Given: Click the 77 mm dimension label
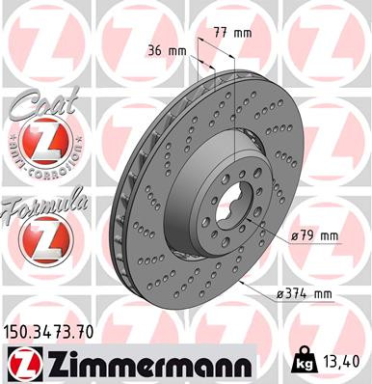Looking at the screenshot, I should (232, 33).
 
